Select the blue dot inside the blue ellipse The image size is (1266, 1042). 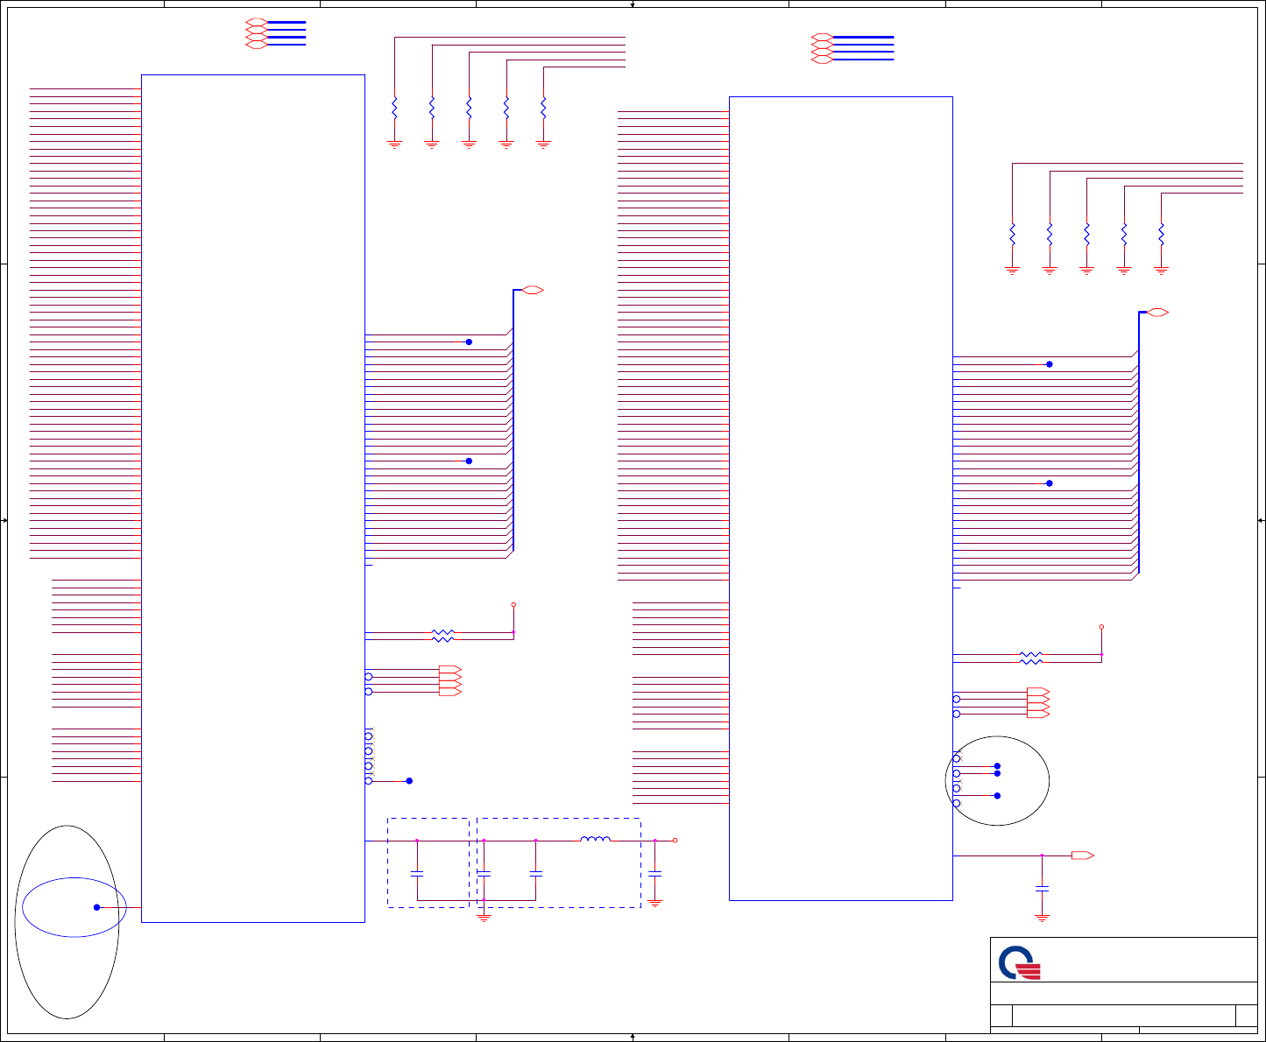click(x=96, y=907)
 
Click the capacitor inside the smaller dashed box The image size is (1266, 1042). click(x=417, y=873)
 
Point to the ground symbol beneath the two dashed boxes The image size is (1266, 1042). click(x=484, y=918)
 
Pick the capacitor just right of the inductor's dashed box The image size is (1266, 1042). click(x=654, y=873)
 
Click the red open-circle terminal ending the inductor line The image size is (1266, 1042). click(x=675, y=841)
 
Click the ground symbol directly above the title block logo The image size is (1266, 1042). click(x=1042, y=917)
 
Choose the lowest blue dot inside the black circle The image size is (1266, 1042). click(x=997, y=795)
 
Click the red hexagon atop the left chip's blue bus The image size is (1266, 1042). click(x=533, y=290)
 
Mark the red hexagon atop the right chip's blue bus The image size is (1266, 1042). click(x=1157, y=313)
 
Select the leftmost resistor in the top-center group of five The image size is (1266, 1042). click(x=394, y=108)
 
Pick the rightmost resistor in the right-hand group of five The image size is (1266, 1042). click(x=1161, y=235)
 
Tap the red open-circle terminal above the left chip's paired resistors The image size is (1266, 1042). click(x=513, y=604)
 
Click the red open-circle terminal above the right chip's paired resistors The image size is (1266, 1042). click(x=1101, y=627)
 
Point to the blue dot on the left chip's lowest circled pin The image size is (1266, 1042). click(x=409, y=780)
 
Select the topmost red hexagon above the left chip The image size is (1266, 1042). click(x=257, y=21)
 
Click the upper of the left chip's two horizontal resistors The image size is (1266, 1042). click(x=443, y=632)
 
